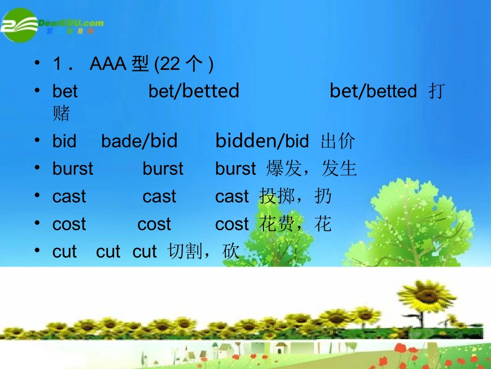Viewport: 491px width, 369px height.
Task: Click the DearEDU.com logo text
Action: [71, 23]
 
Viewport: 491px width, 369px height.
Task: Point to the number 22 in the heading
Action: [170, 64]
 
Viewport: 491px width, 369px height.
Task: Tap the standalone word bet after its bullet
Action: [65, 92]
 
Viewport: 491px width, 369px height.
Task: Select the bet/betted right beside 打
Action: [373, 92]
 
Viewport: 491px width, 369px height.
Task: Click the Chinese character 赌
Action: [61, 113]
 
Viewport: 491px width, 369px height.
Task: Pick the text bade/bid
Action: [139, 141]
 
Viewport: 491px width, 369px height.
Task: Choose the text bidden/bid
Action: [262, 141]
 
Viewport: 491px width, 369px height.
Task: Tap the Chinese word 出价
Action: [338, 141]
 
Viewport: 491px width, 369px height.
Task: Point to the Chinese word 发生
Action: [339, 169]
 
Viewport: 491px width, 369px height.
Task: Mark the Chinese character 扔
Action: [323, 197]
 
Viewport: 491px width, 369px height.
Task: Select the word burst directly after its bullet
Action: [73, 169]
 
